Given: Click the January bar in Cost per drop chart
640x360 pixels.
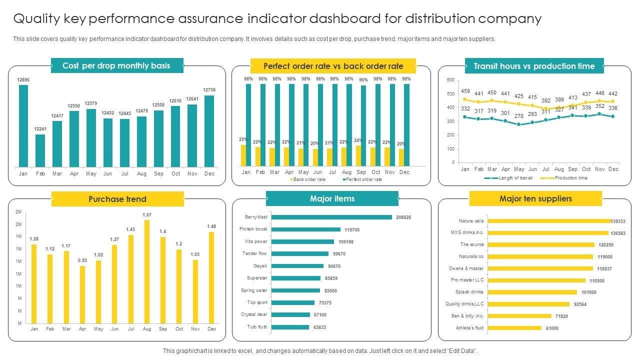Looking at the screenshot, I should pyautogui.click(x=23, y=125).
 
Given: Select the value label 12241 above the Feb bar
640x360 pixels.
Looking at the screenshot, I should pyautogui.click(x=40, y=129).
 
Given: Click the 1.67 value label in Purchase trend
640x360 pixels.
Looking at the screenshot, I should pyautogui.click(x=147, y=215).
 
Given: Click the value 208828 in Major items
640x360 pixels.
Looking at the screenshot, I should pyautogui.click(x=403, y=217).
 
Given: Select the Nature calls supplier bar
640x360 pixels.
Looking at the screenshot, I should pyautogui.click(x=548, y=221).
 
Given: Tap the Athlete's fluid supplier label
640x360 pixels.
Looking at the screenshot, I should pyautogui.click(x=470, y=328).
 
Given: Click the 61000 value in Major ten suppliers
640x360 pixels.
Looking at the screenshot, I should pyautogui.click(x=552, y=328).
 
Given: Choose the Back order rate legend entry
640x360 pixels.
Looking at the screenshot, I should pyautogui.click(x=308, y=179).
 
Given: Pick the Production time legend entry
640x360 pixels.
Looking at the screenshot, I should pyautogui.click(x=570, y=178).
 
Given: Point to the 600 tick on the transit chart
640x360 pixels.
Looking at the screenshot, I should pyautogui.click(x=450, y=80).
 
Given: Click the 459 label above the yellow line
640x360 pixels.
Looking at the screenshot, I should pyautogui.click(x=465, y=91).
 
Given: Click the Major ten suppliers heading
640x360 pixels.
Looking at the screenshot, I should pyautogui.click(x=535, y=199).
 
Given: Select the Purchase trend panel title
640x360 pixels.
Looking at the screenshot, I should pyautogui.click(x=117, y=199).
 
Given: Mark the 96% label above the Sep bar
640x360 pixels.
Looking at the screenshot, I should pyautogui.click(x=363, y=80).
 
